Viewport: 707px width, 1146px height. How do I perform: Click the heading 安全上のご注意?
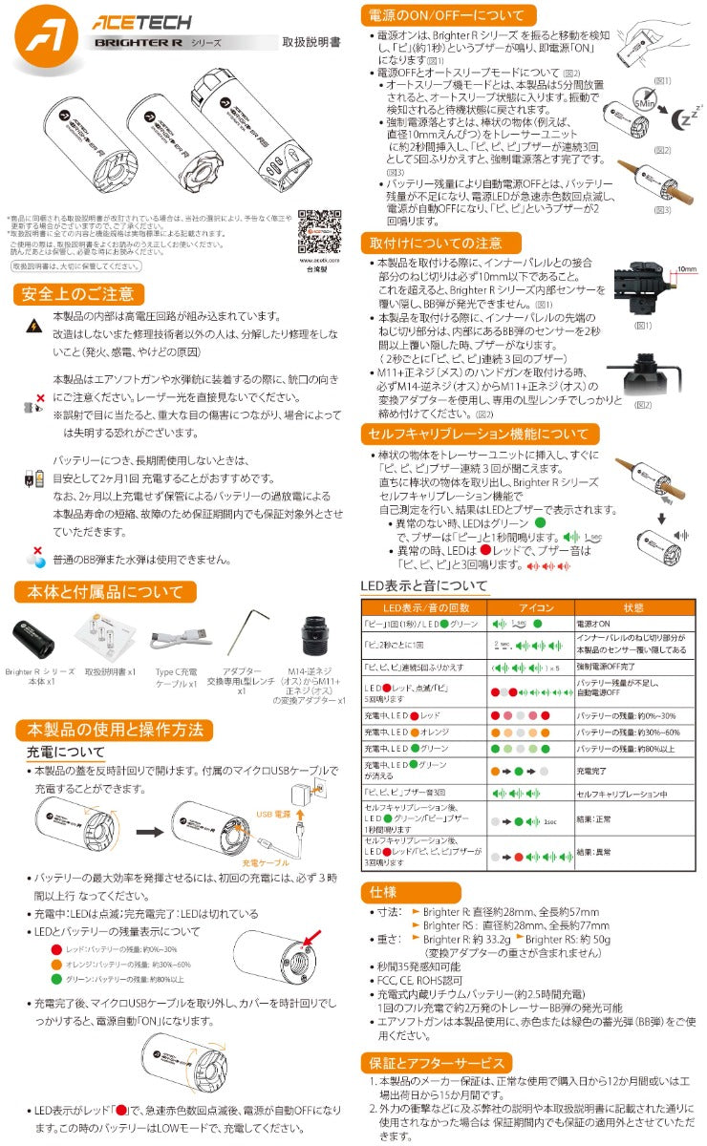(78, 293)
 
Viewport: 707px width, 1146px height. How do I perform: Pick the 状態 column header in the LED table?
(633, 607)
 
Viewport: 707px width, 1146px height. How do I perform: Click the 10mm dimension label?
(683, 269)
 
